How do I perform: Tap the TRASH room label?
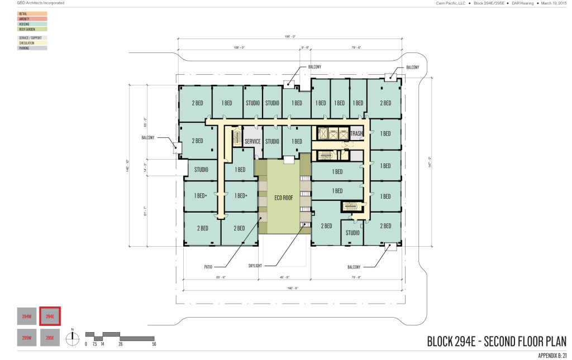[x=356, y=133]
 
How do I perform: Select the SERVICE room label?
[x=252, y=141]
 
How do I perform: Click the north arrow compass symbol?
[x=71, y=337]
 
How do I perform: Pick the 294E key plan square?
[x=50, y=316]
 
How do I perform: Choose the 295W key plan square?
[x=26, y=338]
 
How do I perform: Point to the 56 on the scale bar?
[x=154, y=344]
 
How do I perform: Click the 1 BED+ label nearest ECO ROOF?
[x=240, y=195]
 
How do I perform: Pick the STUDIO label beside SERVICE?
[x=271, y=141]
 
